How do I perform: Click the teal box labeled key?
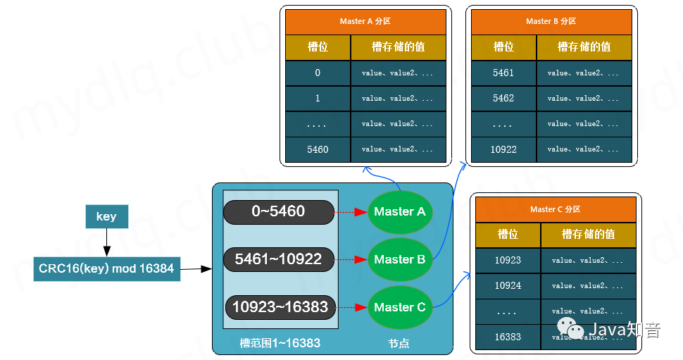(x=106, y=217)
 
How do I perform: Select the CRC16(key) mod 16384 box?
(x=106, y=268)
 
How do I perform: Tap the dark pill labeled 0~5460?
(x=278, y=211)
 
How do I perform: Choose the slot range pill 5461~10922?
(x=278, y=259)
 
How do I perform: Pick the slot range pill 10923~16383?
(x=280, y=307)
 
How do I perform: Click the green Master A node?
(x=399, y=211)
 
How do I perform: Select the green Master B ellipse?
(x=399, y=259)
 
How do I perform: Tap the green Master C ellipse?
(x=399, y=307)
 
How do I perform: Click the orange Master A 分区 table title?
(x=365, y=21)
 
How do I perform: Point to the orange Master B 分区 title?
(x=551, y=21)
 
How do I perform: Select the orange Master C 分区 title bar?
(x=556, y=209)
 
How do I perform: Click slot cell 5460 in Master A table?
(x=318, y=149)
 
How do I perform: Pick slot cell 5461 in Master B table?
(x=503, y=73)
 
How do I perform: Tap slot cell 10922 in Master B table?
(x=503, y=149)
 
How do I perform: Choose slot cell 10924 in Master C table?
(x=508, y=285)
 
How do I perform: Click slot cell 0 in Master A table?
(x=318, y=73)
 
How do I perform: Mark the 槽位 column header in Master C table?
(x=508, y=235)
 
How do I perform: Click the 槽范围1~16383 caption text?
(x=280, y=343)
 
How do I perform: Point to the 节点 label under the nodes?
(x=399, y=343)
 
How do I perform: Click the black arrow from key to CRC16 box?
(x=106, y=243)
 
